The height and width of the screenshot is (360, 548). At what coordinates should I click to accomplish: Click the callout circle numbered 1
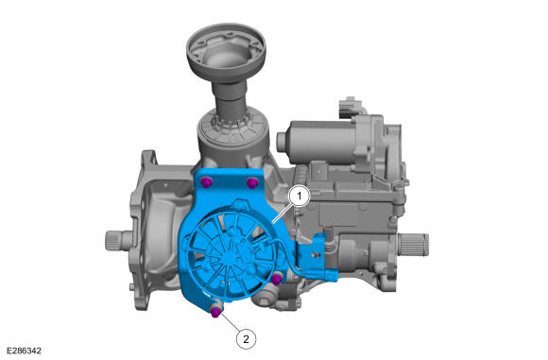coord(300,197)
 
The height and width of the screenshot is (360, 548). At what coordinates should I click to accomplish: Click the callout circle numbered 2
coord(246,338)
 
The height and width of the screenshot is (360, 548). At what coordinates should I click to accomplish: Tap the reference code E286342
coord(25,351)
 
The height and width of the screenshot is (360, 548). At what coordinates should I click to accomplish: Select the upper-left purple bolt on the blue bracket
coord(207,182)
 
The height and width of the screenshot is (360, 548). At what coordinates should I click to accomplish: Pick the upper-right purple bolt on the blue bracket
coord(252,182)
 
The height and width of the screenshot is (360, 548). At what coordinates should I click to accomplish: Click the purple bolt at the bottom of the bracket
coord(216,312)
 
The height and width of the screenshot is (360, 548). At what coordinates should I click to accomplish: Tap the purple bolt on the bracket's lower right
coord(277,279)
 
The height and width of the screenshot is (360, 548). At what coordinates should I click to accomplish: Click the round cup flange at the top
coord(226,50)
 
